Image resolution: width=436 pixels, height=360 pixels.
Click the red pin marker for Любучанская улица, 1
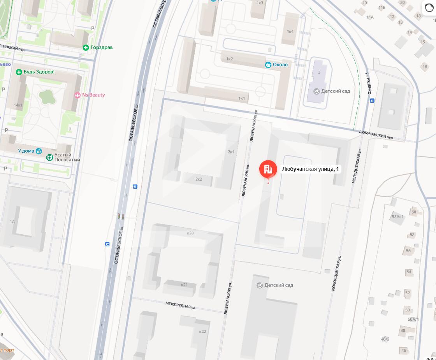point(268,169)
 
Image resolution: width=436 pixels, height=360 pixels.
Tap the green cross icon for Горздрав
point(86,47)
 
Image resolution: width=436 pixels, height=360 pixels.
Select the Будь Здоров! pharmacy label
point(39,72)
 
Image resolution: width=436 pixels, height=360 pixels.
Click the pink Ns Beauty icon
point(77,95)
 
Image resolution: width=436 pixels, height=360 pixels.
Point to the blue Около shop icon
point(268,65)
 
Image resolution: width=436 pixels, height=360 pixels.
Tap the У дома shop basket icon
point(39,151)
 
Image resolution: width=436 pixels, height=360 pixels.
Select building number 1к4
point(290,32)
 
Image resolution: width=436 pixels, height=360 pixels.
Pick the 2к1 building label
point(231,152)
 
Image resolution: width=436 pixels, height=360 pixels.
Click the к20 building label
point(190,233)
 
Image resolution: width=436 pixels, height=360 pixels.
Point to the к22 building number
point(202,332)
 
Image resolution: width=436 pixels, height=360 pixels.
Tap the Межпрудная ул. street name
point(180,305)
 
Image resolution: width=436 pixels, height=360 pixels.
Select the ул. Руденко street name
point(367,83)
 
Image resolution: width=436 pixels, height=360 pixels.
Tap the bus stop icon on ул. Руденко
point(372,101)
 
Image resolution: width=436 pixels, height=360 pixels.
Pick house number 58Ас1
point(398,217)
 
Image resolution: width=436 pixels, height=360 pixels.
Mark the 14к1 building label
point(18,105)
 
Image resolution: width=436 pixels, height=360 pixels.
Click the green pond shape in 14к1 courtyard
point(47,96)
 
